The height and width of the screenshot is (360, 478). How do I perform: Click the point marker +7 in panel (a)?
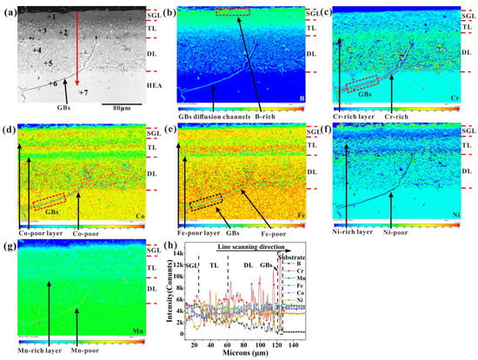[84, 92]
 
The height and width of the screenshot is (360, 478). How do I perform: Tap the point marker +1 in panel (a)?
[51, 17]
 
